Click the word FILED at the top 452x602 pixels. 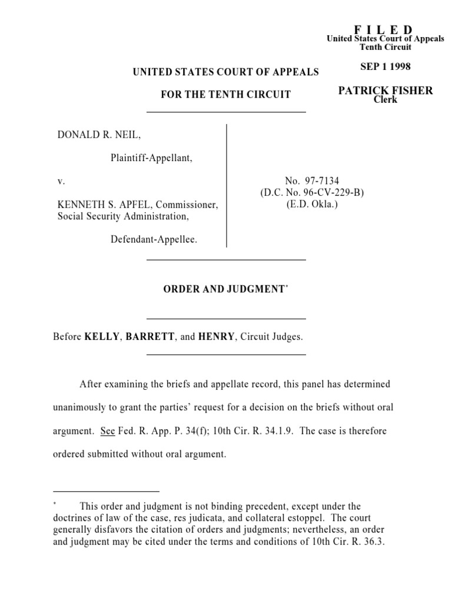point(383,29)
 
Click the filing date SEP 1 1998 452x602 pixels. point(385,66)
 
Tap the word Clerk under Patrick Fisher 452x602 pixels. point(385,99)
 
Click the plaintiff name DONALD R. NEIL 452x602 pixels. point(99,135)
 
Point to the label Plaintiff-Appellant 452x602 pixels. point(151,158)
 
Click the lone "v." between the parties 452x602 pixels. point(61,182)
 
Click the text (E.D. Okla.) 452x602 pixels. point(312,205)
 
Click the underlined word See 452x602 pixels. point(107,431)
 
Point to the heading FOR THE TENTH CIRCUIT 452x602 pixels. point(226,95)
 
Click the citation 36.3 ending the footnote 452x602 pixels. point(374,543)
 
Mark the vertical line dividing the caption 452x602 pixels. point(227,186)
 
